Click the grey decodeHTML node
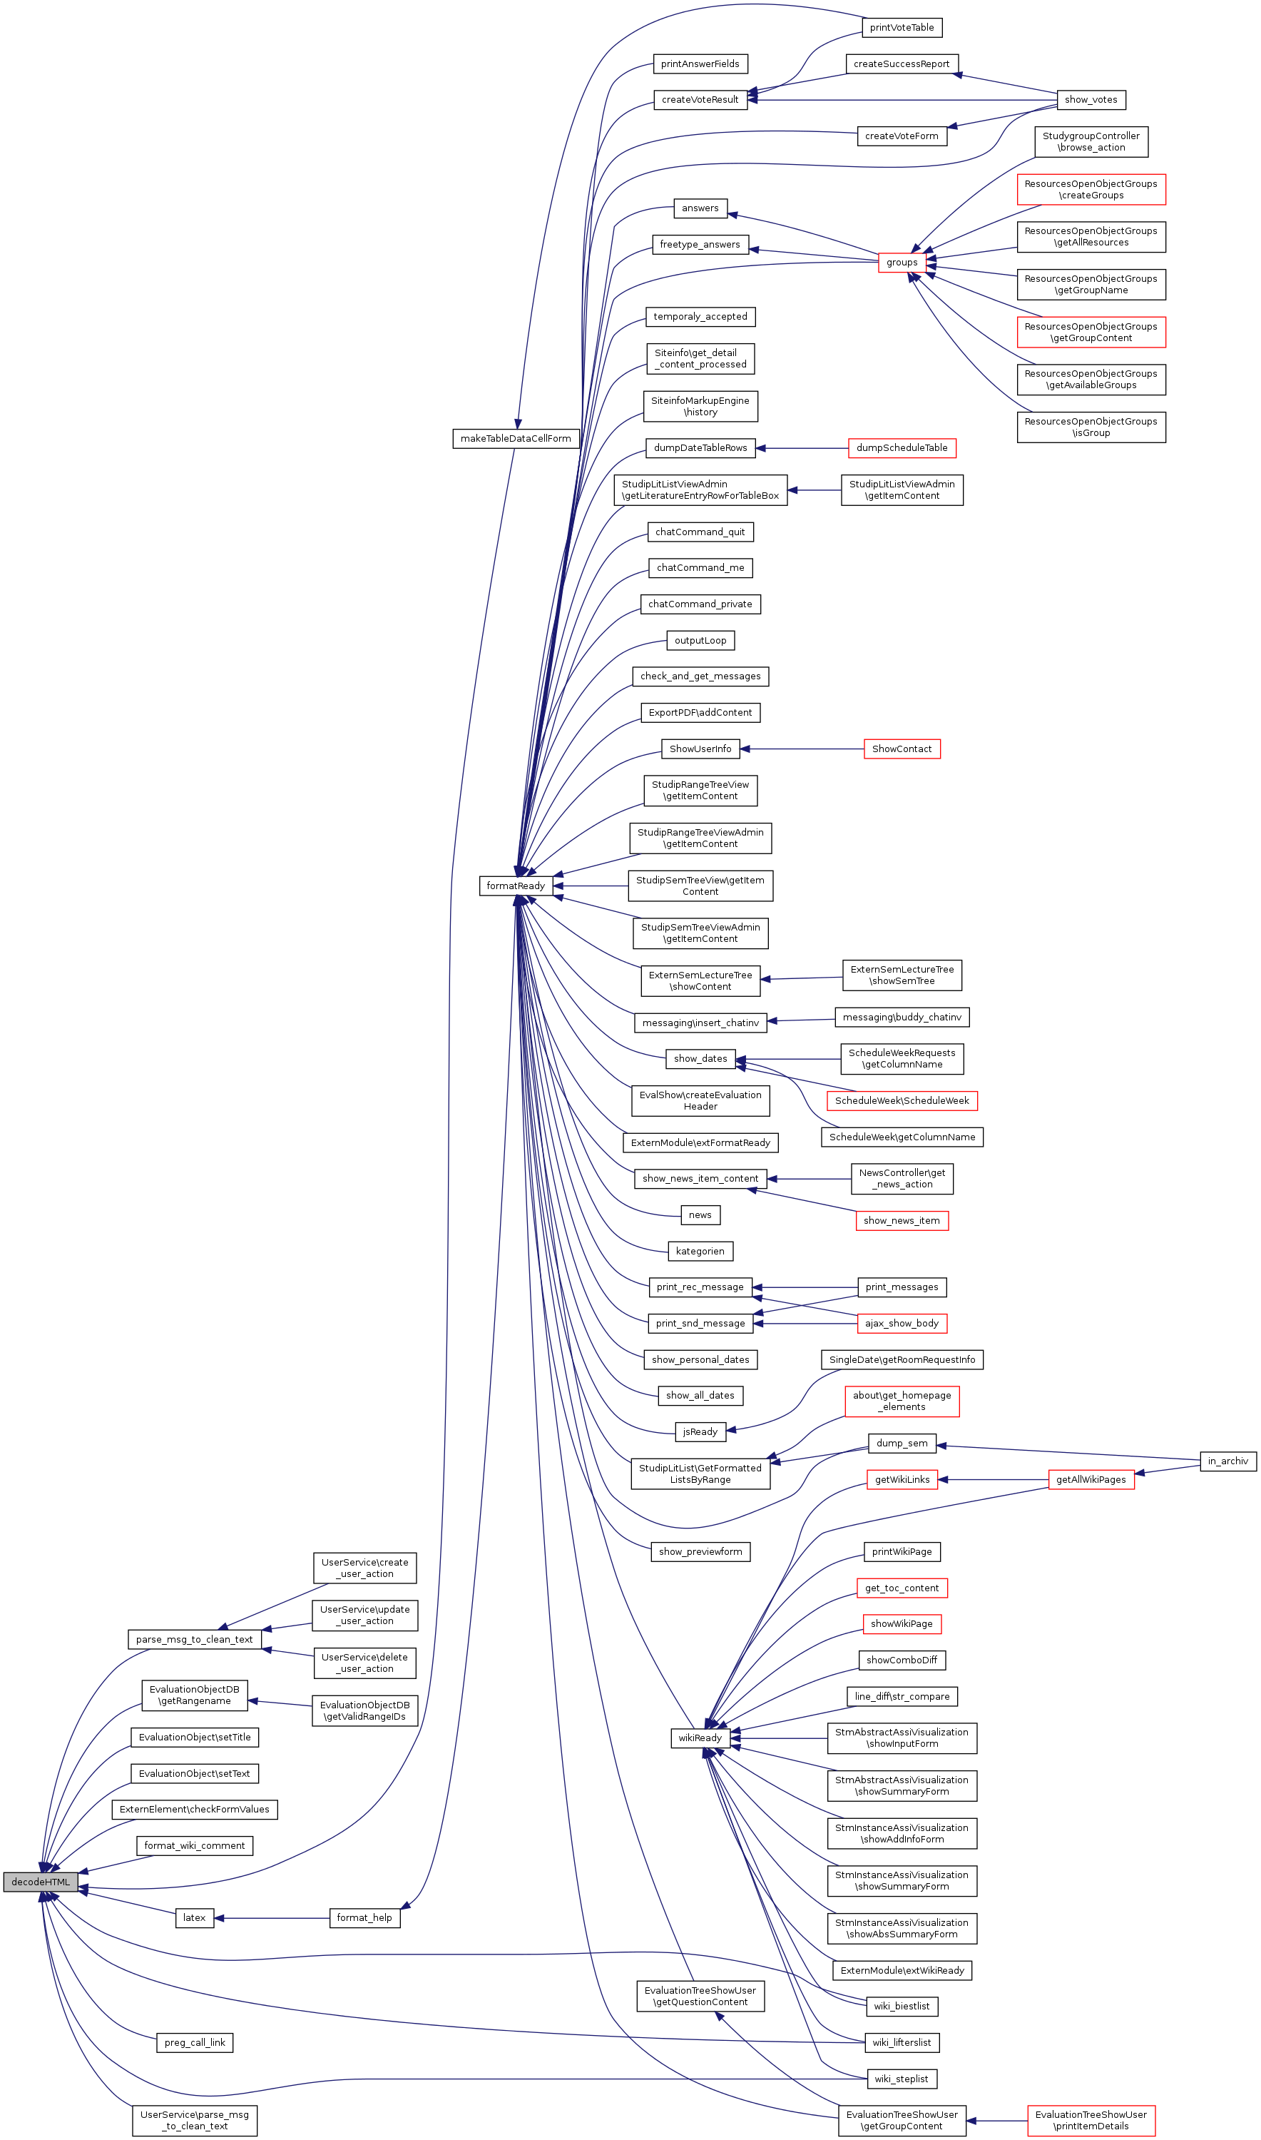41,1882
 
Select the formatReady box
515,886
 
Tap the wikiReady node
700,1738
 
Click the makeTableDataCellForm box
516,439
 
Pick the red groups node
902,263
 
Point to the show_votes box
1091,99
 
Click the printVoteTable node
902,28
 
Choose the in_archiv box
1228,1461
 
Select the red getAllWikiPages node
1091,1480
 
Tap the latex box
195,1918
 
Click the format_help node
364,1918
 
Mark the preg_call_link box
195,2043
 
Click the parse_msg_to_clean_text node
195,1639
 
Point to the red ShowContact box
902,749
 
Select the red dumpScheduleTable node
902,448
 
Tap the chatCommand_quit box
700,532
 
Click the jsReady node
700,1432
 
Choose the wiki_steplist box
902,2079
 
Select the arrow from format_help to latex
272,1918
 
